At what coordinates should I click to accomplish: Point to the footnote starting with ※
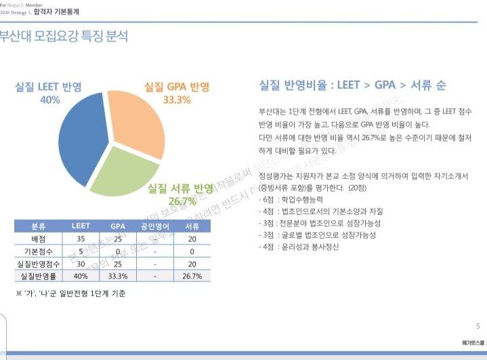click(71, 294)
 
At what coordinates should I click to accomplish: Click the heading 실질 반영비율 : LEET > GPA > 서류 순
click(352, 86)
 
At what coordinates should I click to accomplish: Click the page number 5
click(478, 325)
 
